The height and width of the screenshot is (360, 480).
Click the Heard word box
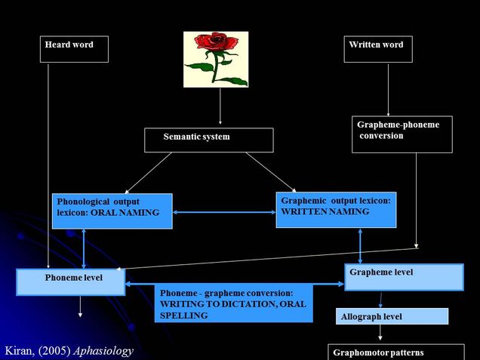click(74, 49)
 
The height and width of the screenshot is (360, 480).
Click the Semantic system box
click(208, 140)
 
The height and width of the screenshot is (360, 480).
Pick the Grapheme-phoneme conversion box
click(402, 134)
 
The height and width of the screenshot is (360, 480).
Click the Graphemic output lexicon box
click(336, 209)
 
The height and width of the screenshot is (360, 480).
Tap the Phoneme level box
click(70, 282)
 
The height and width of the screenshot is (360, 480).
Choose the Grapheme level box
click(404, 277)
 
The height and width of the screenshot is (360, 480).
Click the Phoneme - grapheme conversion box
click(234, 303)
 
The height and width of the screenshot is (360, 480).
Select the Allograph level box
click(392, 316)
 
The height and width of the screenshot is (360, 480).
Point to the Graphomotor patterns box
click(396, 352)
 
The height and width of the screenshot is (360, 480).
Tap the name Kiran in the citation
click(20, 350)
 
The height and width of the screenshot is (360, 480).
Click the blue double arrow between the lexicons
click(224, 212)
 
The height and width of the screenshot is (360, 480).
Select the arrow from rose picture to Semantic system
click(220, 106)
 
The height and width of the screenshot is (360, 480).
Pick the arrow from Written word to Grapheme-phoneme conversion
click(388, 89)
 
